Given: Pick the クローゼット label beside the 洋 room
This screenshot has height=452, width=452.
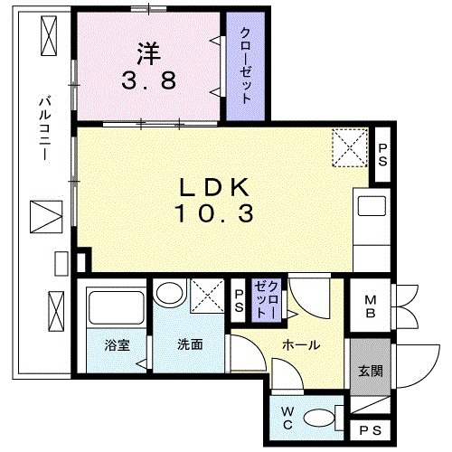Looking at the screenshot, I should tap(247, 66).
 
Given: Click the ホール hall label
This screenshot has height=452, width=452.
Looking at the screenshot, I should tap(299, 344).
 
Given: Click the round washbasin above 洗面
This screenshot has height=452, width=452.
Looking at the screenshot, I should tap(166, 295).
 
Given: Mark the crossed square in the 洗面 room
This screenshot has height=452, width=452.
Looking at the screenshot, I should tap(207, 296).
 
